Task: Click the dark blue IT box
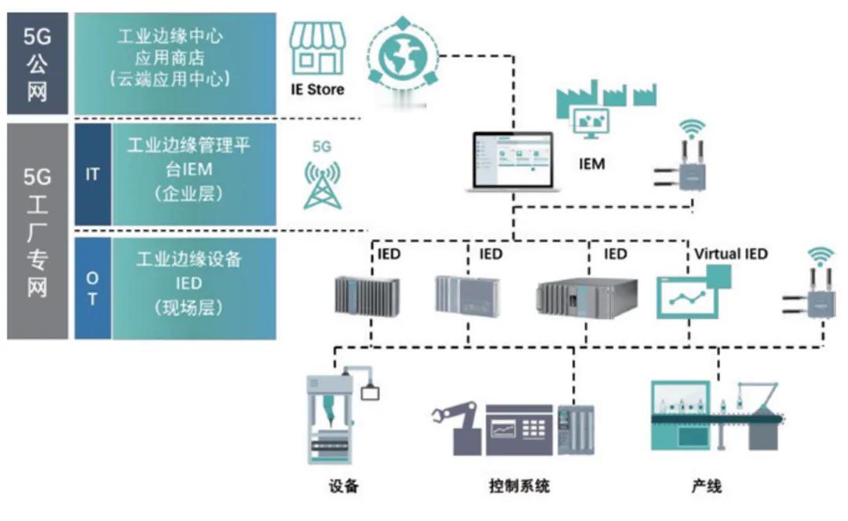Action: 93,174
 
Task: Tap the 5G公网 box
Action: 38,64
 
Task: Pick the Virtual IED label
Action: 730,254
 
